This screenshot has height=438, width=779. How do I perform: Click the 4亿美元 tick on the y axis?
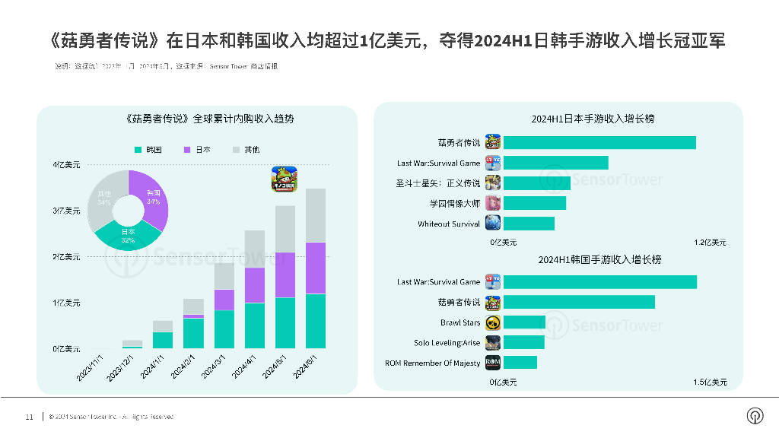pos(66,165)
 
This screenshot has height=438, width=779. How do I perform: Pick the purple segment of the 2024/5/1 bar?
pos(285,275)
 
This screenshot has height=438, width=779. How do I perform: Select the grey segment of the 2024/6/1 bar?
pos(315,215)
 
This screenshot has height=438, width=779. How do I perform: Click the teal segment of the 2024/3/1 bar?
pos(224,328)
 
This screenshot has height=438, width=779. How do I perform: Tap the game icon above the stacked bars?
pos(285,179)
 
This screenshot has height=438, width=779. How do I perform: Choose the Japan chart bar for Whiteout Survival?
pos(529,224)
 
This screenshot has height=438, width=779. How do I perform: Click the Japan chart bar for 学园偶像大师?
pos(535,203)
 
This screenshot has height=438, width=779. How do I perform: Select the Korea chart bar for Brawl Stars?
pos(525,322)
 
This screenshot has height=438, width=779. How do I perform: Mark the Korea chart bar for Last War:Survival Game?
pos(600,282)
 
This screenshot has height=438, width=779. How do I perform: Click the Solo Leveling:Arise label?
pos(447,343)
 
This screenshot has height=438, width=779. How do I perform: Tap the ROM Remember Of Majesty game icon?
pos(493,363)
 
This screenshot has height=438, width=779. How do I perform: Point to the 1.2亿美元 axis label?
pos(710,243)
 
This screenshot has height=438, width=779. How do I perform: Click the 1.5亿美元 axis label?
pos(710,382)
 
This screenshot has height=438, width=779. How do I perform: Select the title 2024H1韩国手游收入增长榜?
pos(599,259)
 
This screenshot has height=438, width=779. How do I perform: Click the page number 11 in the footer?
pos(29,417)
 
